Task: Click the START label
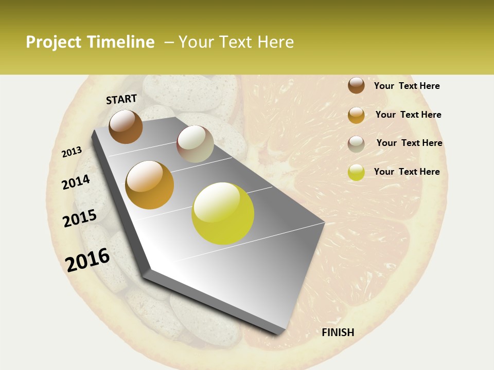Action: click(121, 99)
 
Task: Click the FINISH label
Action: click(338, 332)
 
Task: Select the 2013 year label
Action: click(72, 152)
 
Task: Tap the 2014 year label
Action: click(76, 182)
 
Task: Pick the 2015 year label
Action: click(80, 218)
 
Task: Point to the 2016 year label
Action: click(87, 260)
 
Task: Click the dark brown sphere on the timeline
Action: click(126, 126)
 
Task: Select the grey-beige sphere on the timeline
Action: click(195, 144)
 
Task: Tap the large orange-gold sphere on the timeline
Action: click(150, 185)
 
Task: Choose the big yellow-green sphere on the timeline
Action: click(223, 213)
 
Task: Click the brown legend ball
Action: click(356, 85)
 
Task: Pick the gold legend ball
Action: click(356, 115)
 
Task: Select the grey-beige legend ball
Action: click(356, 144)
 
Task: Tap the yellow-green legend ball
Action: click(356, 172)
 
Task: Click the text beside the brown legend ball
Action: click(407, 86)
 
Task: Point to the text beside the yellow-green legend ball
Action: click(407, 172)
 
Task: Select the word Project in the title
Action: click(54, 42)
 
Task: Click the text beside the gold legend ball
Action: click(408, 115)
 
